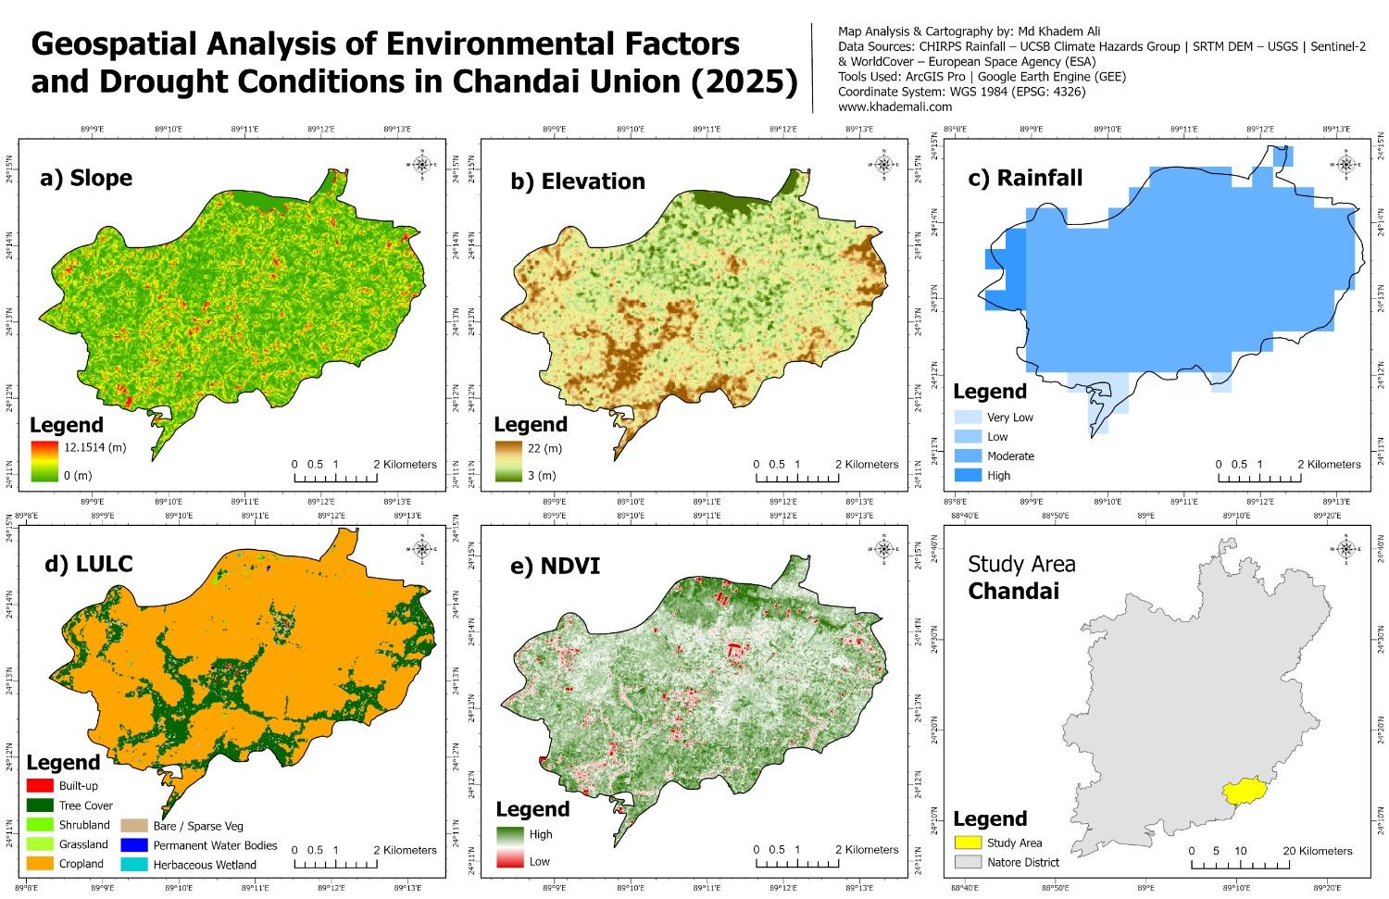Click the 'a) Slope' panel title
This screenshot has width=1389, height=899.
pyautogui.click(x=86, y=178)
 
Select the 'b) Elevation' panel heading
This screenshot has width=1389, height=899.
pyautogui.click(x=578, y=181)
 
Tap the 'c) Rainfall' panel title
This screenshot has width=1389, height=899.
pyautogui.click(x=1025, y=178)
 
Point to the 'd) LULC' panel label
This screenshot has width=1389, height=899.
pyautogui.click(x=86, y=564)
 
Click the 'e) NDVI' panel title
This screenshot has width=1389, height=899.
pyautogui.click(x=555, y=566)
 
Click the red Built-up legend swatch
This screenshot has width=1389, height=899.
pyautogui.click(x=40, y=786)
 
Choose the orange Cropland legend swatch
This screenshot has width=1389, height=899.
pyautogui.click(x=40, y=864)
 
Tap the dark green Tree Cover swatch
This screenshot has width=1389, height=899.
pyautogui.click(x=40, y=805)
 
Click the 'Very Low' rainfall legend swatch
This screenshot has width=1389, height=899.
pyautogui.click(x=967, y=418)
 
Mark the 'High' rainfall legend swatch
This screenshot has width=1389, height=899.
pyautogui.click(x=967, y=476)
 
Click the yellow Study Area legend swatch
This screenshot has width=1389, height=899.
pyautogui.click(x=968, y=843)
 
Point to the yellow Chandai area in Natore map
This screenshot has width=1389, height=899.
pyautogui.click(x=1244, y=792)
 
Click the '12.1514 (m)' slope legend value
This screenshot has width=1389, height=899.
pyautogui.click(x=94, y=447)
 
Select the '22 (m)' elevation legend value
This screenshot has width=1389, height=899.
pyautogui.click(x=544, y=448)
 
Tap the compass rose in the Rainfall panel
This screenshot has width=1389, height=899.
pyautogui.click(x=1346, y=165)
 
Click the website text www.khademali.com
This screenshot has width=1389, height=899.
pyautogui.click(x=895, y=106)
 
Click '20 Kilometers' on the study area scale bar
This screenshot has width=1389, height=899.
pyautogui.click(x=1318, y=851)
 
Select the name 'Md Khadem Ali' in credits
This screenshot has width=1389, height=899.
pyautogui.click(x=1059, y=31)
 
